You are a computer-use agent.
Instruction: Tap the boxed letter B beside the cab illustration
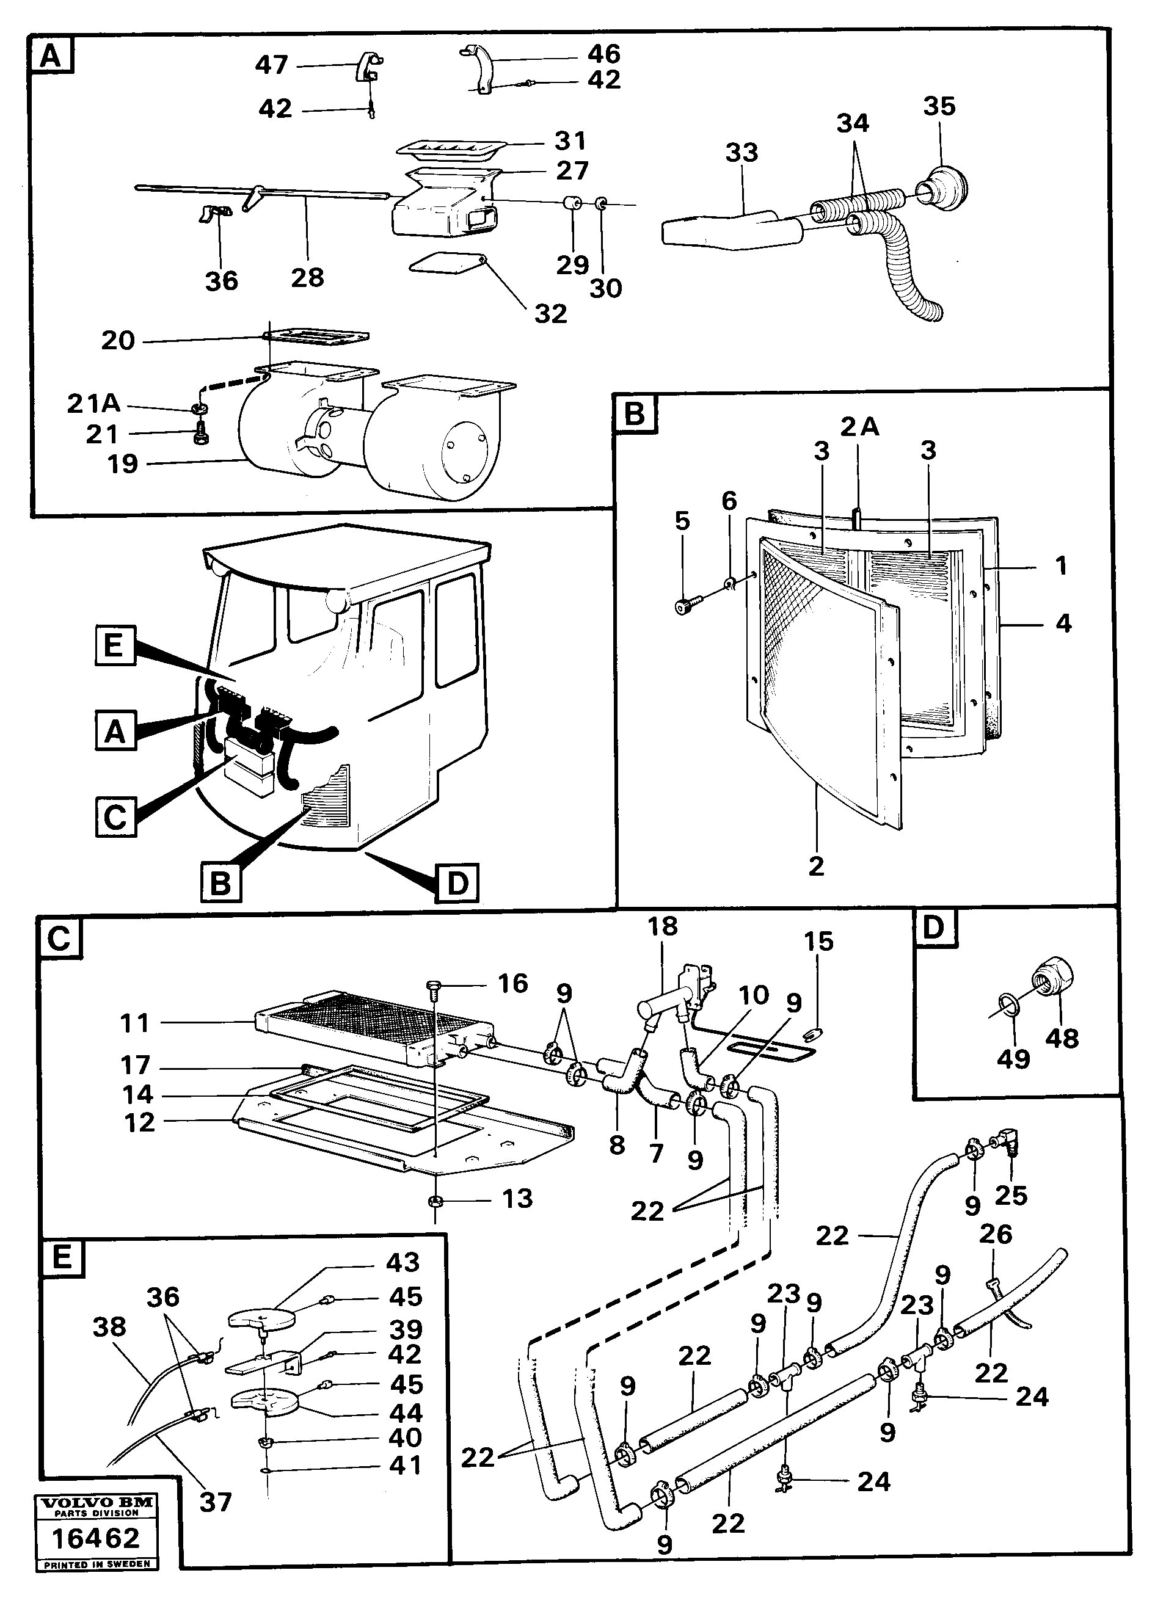click(x=220, y=884)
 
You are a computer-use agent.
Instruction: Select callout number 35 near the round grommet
click(x=939, y=106)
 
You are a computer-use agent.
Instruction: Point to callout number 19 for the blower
click(x=122, y=465)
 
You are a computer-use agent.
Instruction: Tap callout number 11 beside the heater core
click(x=134, y=1022)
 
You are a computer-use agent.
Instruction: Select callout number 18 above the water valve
click(x=662, y=926)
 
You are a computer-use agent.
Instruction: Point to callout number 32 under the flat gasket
click(x=550, y=313)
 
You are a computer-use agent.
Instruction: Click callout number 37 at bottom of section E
click(x=216, y=1501)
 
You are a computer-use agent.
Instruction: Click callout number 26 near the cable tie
click(x=995, y=1234)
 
